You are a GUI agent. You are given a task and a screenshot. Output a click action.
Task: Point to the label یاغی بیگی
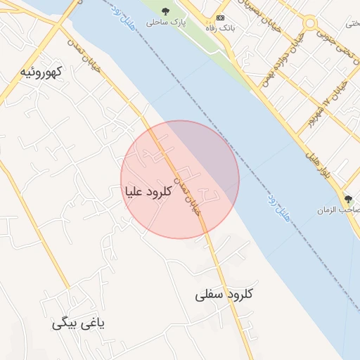click(78, 323)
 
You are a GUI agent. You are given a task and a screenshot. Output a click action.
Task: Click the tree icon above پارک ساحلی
click(166, 11)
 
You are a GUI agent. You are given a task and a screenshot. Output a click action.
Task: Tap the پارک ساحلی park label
click(163, 23)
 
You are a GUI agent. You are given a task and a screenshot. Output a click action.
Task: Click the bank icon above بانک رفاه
click(221, 18)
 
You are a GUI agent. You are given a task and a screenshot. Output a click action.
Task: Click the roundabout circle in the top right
click(310, 23)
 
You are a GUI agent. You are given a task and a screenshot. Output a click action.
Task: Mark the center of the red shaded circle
click(180, 179)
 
